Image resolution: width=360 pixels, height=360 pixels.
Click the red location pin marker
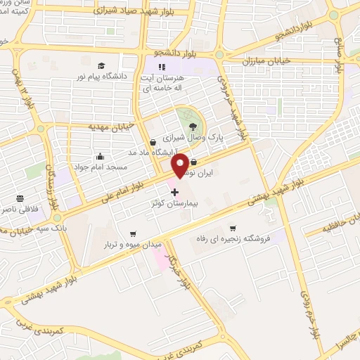point(180,165)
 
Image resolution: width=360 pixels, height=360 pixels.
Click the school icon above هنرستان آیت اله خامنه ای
point(170,67)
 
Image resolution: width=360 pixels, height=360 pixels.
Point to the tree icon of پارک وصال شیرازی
point(193,126)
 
